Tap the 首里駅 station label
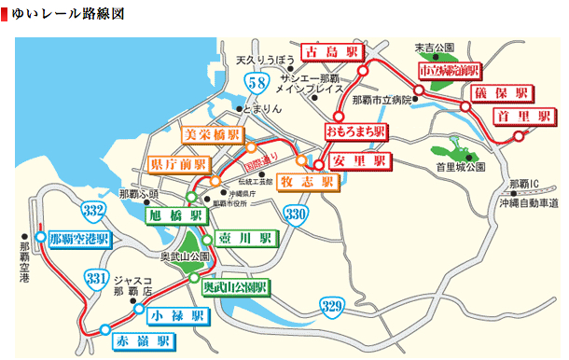(x=513, y=116)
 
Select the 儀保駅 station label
(x=502, y=92)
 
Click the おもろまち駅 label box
(x=355, y=132)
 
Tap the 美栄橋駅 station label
(x=214, y=135)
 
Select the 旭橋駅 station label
(x=175, y=215)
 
